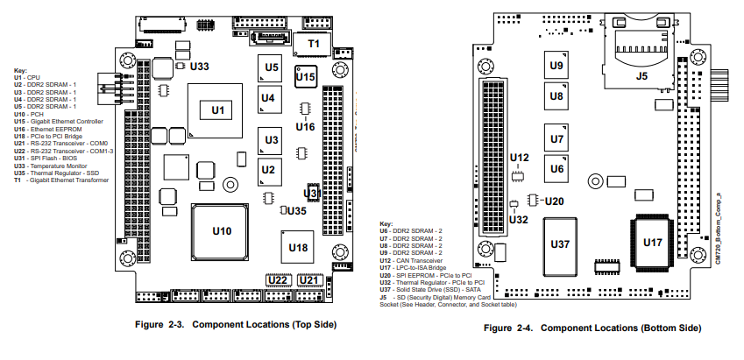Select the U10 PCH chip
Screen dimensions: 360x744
223,232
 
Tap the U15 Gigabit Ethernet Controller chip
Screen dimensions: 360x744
305,77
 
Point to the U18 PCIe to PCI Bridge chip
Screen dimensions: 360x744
298,248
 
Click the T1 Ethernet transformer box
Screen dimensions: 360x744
313,44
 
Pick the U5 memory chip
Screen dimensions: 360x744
272,67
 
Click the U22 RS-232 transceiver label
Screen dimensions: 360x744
278,281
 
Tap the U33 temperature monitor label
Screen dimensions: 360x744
200,67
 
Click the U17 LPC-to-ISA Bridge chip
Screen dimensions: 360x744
653,242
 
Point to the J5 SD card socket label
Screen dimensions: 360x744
641,77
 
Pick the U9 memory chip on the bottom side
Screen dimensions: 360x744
556,66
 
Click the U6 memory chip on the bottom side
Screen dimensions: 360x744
556,167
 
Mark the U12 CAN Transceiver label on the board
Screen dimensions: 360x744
520,159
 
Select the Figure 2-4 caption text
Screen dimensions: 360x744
593,328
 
